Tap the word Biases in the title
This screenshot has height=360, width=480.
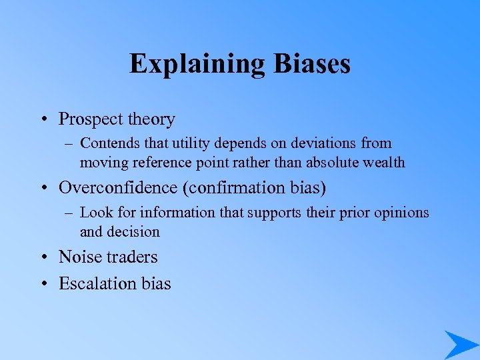311,64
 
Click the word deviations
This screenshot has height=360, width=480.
315,143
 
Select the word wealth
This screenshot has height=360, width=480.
381,163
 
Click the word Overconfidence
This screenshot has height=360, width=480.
118,187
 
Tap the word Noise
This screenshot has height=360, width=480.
79,257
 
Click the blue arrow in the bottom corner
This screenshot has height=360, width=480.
460,344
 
